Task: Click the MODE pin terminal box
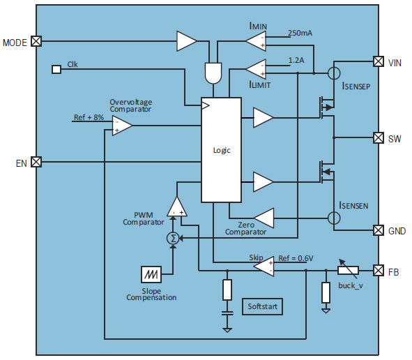[36, 41]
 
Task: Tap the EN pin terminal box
[36, 162]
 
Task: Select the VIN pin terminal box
[379, 61]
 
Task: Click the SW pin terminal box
[379, 138]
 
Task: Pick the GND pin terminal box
[379, 230]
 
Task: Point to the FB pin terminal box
[379, 271]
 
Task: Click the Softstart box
[262, 306]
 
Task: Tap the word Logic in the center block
[222, 150]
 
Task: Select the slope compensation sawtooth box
[151, 275]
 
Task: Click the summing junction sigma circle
[173, 238]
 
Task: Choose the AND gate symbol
[213, 73]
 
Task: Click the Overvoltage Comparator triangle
[122, 126]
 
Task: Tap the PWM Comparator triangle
[177, 207]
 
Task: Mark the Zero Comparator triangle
[264, 218]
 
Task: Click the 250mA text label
[300, 33]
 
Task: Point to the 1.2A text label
[296, 61]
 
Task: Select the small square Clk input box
[56, 70]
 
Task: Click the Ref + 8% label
[89, 117]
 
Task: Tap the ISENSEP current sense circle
[334, 73]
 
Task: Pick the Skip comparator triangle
[264, 267]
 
